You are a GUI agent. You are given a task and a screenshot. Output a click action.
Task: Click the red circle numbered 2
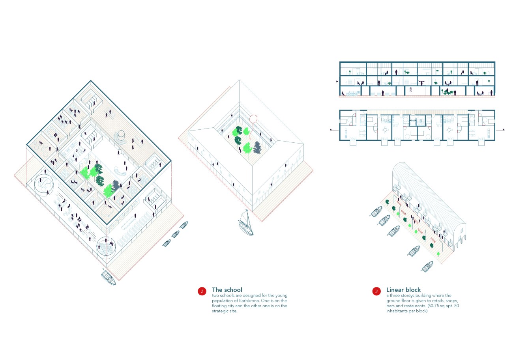click(202, 291)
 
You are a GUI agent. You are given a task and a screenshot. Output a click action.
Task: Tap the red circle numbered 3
click(376, 291)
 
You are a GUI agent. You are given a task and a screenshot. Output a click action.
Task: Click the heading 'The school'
click(227, 290)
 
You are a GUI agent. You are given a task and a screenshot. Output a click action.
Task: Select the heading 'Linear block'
click(403, 290)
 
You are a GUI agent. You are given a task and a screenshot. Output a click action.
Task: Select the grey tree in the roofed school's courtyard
click(258, 147)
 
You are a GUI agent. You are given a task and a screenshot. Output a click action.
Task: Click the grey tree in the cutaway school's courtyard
click(116, 185)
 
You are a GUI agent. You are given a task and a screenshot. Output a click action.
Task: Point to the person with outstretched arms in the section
click(421, 82)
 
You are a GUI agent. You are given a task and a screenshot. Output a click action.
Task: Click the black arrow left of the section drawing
click(337, 82)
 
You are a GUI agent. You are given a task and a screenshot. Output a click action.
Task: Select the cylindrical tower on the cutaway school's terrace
click(121, 136)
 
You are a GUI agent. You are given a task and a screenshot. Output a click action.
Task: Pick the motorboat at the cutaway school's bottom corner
click(108, 277)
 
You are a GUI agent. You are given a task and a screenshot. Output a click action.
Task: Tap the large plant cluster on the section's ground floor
click(448, 92)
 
